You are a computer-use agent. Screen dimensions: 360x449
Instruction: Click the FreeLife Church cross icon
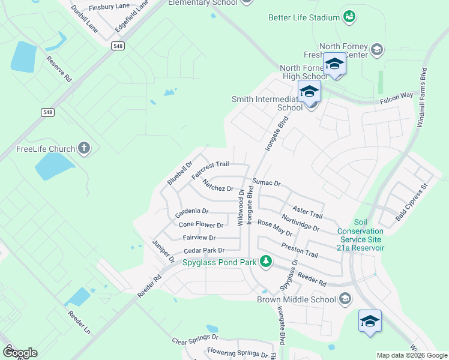point(84,148)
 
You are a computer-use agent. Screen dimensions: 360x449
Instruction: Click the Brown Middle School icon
point(345,298)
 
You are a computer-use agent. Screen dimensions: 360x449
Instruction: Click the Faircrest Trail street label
point(210,169)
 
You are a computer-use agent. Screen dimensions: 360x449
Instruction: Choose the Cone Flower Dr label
point(201,225)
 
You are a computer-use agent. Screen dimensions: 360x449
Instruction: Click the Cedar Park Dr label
point(203,250)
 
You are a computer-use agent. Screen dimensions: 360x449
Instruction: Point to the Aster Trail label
point(307,211)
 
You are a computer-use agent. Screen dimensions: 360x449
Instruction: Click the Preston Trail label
point(299,250)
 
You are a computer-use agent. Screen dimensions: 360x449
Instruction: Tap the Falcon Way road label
point(397,95)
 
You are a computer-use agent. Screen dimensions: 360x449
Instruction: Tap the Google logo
point(19,352)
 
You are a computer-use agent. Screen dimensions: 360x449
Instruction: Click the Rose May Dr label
point(274,227)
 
